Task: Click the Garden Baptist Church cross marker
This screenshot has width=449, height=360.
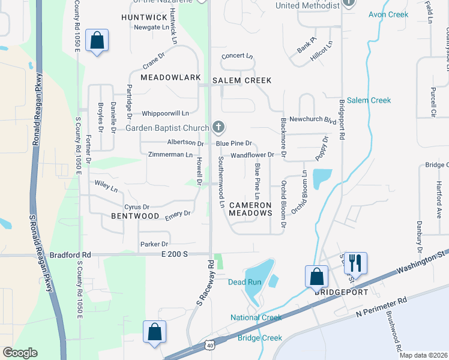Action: click(x=218, y=127)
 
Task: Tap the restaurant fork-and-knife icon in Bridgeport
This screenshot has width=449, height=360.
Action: click(x=355, y=262)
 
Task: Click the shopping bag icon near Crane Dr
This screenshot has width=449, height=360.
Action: click(x=97, y=41)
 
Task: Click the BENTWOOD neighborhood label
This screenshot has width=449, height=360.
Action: click(x=135, y=216)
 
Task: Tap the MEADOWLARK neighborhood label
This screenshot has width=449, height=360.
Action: click(x=170, y=78)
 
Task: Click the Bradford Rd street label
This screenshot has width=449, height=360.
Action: click(x=70, y=254)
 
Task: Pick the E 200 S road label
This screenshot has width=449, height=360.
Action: click(x=175, y=254)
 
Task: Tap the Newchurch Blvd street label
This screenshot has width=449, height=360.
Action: click(x=312, y=119)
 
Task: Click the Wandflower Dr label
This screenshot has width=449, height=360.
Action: click(x=252, y=155)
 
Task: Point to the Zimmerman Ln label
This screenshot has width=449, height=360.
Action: click(x=170, y=155)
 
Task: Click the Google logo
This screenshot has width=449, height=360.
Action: click(x=20, y=353)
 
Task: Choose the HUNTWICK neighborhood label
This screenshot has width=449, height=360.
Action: click(x=144, y=17)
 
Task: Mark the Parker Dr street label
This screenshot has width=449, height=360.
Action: click(x=154, y=244)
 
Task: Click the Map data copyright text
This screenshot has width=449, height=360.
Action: click(x=423, y=355)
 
